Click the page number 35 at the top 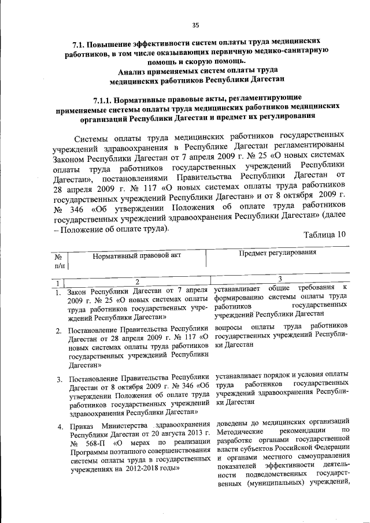pos(195,24)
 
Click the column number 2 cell pos(137,281)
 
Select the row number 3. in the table pos(59,379)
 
